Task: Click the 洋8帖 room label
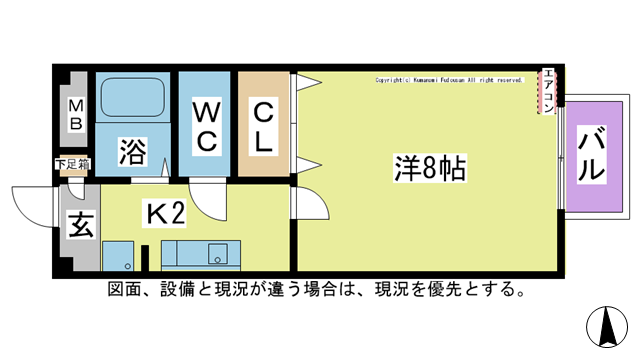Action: pos(428,168)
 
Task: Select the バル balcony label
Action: pos(591,155)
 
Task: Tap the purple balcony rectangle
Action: pos(591,155)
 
